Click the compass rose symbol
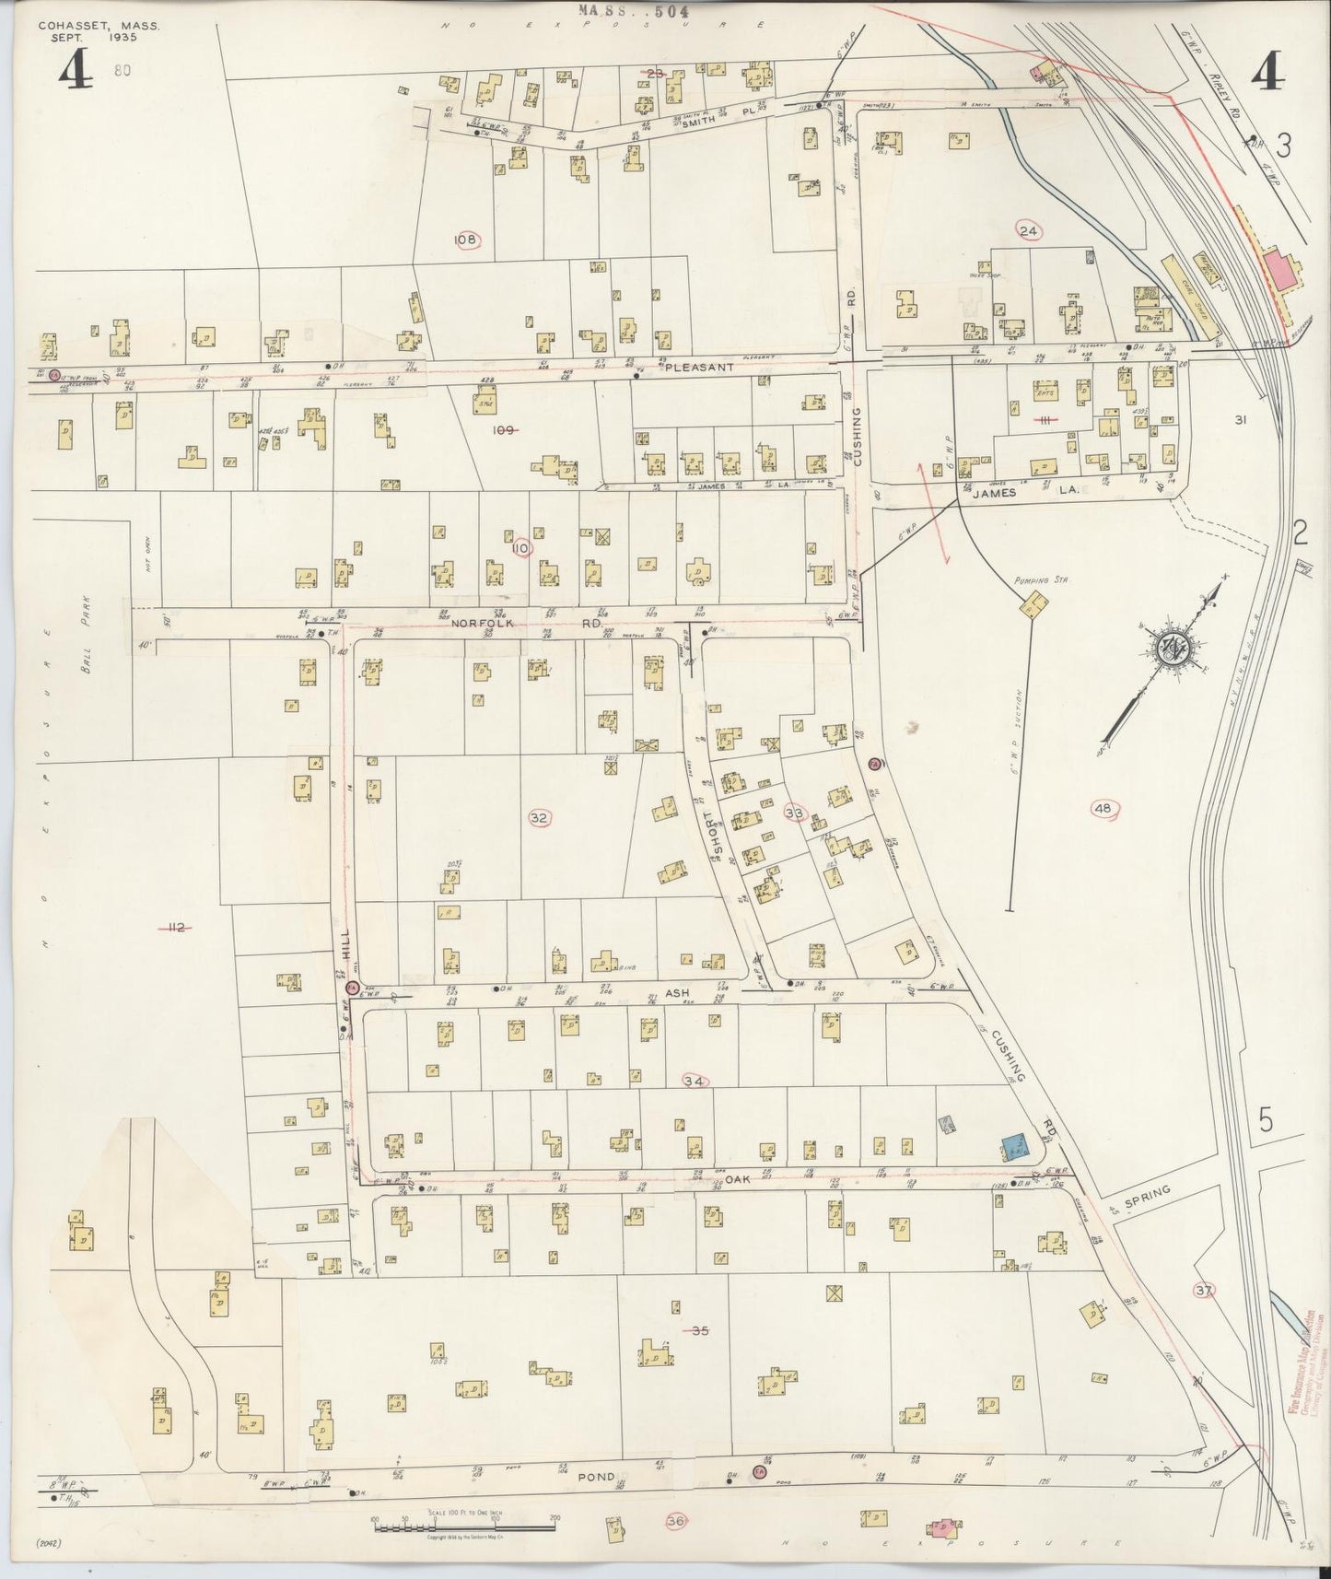pyautogui.click(x=1173, y=649)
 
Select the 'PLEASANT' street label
pyautogui.click(x=701, y=367)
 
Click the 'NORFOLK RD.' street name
pyautogui.click(x=526, y=623)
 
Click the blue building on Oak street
pyautogui.click(x=1015, y=1146)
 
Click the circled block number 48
pyautogui.click(x=1103, y=809)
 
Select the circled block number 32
pyautogui.click(x=540, y=817)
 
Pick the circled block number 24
pyautogui.click(x=1029, y=232)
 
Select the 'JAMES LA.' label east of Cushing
pyautogui.click(x=1020, y=493)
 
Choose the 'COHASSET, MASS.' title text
pyautogui.click(x=99, y=28)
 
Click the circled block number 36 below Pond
pyautogui.click(x=676, y=1522)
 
